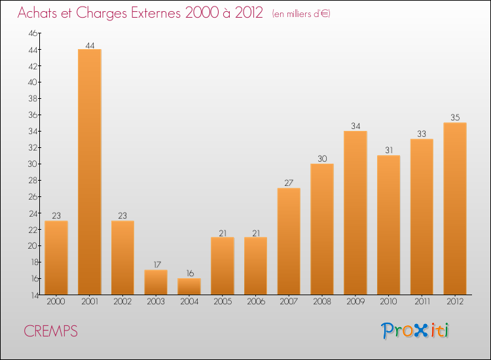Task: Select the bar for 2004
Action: coord(189,286)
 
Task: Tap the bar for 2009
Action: coord(355,213)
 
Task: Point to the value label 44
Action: coord(90,45)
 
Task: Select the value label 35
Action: coord(455,118)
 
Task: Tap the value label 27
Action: coord(289,183)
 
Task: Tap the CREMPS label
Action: coord(50,331)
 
